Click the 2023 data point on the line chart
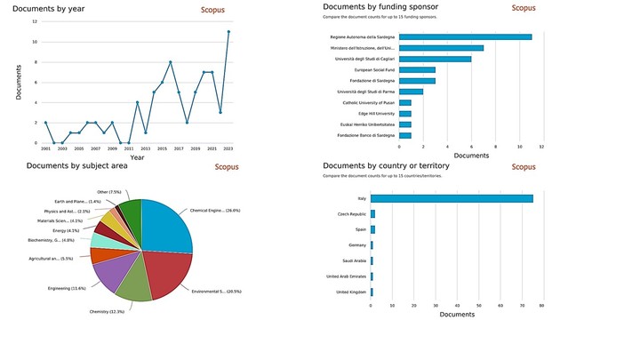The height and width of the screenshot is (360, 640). (x=228, y=32)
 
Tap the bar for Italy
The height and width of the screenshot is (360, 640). (x=452, y=198)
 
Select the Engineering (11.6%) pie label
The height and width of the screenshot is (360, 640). (x=67, y=288)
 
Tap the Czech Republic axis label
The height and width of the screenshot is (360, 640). (x=351, y=214)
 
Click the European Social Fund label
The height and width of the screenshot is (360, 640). (x=376, y=69)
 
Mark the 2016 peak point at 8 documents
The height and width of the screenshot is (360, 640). (x=171, y=62)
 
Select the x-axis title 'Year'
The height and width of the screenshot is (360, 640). (x=137, y=157)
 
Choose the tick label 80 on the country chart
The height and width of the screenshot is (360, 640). (x=540, y=306)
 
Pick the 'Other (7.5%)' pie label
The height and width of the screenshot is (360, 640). (x=109, y=192)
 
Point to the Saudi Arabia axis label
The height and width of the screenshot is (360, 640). (x=352, y=260)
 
